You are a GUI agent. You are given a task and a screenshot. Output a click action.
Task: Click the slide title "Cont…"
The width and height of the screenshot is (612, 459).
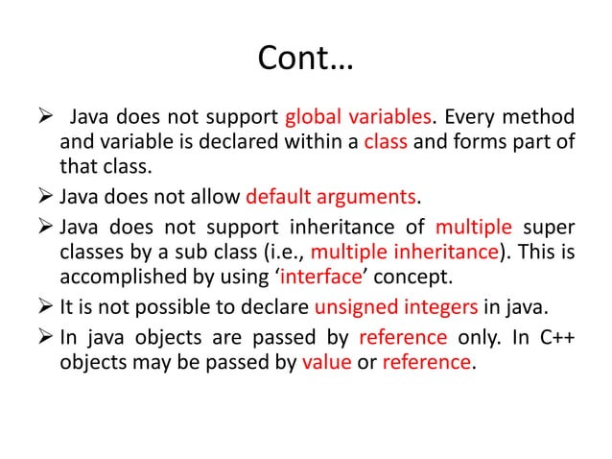(x=306, y=60)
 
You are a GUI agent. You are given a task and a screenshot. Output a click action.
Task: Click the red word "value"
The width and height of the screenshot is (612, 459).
(x=328, y=363)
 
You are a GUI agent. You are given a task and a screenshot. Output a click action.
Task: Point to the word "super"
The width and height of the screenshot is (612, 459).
(x=550, y=227)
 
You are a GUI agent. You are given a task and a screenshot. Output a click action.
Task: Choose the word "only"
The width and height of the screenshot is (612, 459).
(x=474, y=336)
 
